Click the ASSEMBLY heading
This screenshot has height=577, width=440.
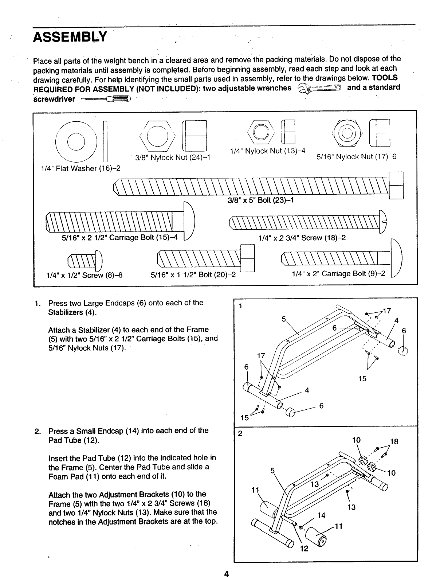point(70,37)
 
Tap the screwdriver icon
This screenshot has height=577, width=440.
point(106,99)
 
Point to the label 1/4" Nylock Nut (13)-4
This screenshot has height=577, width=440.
point(268,151)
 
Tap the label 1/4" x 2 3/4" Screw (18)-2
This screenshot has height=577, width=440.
point(302,238)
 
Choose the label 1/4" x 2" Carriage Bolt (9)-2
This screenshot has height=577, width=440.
point(338,273)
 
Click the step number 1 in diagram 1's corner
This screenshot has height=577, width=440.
point(240,306)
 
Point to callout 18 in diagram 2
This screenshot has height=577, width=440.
point(394,441)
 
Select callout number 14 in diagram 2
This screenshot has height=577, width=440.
point(321,515)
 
